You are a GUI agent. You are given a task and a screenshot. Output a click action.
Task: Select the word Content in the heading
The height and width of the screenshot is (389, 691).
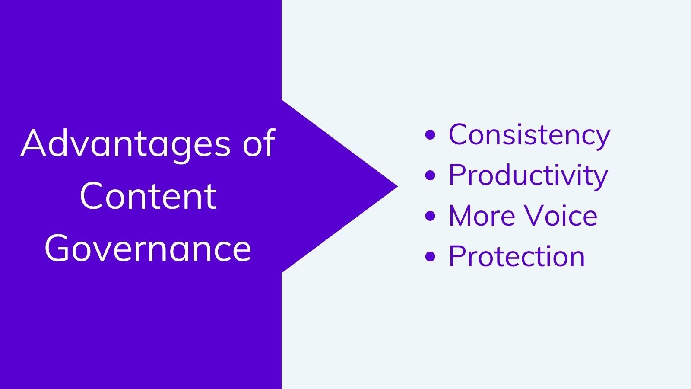(x=148, y=196)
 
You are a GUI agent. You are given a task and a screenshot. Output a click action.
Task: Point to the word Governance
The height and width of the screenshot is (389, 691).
(x=148, y=248)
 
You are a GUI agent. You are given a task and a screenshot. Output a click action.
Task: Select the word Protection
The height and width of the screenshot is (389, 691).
(x=517, y=256)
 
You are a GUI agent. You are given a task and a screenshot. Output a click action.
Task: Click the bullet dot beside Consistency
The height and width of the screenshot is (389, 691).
(x=430, y=135)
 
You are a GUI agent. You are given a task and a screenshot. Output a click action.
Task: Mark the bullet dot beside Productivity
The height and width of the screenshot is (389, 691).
(x=430, y=175)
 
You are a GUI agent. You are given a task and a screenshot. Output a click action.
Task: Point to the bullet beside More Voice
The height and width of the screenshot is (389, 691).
(x=430, y=216)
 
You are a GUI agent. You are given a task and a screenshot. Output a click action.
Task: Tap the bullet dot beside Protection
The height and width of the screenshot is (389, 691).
(x=430, y=256)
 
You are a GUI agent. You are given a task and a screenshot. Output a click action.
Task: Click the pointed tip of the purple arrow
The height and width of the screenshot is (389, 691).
(x=397, y=186)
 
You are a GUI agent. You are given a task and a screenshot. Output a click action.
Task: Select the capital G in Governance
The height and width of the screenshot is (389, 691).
(x=58, y=249)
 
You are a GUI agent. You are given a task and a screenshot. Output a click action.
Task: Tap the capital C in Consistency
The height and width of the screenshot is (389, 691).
(x=460, y=134)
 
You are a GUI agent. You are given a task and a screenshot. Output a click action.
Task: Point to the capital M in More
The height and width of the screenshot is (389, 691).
(x=462, y=216)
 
